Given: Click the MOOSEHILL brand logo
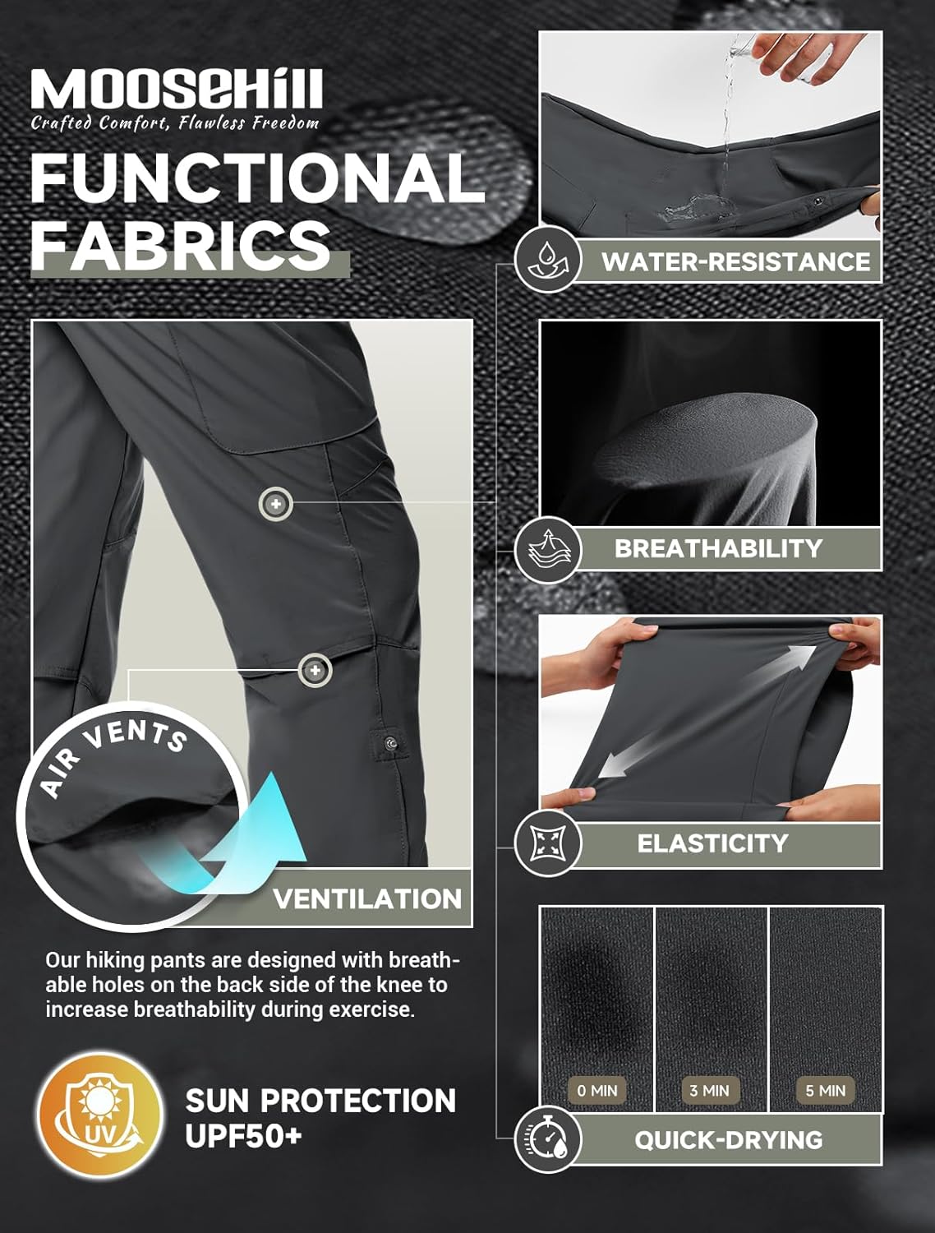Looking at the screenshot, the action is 176,89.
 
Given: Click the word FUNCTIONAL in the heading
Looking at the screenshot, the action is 258,178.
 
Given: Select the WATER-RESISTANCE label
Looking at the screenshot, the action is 736,261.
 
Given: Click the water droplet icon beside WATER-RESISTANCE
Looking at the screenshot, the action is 547,260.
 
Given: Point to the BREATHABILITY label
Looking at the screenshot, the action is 718,548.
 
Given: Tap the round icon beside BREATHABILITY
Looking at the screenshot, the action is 547,550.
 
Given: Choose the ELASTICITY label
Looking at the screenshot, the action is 713,843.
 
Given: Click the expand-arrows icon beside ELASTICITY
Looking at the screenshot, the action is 547,843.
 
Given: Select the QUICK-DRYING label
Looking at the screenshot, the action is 729,1140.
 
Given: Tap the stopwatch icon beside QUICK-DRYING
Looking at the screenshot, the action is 547,1138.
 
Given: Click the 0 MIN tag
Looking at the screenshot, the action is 597,1090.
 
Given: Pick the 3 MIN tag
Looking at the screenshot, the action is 709,1090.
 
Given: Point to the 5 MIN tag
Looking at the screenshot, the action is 825,1090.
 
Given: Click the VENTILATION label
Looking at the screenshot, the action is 367,898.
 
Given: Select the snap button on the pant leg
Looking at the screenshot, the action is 389,744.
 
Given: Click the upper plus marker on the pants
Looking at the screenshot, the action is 275,504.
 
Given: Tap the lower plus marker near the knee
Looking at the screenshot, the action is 315,670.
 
